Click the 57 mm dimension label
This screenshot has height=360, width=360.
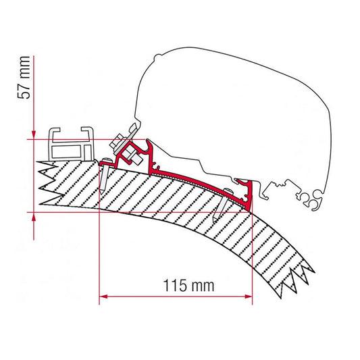click(24, 78)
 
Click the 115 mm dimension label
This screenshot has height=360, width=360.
click(188, 286)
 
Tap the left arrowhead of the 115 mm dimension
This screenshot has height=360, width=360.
click(103, 297)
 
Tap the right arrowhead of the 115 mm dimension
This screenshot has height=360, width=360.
click(248, 297)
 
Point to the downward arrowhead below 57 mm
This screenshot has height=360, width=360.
click(34, 135)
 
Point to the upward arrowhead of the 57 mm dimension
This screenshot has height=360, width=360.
click(34, 217)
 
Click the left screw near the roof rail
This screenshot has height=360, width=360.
click(105, 175)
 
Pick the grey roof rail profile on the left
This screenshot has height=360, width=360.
click(72, 144)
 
